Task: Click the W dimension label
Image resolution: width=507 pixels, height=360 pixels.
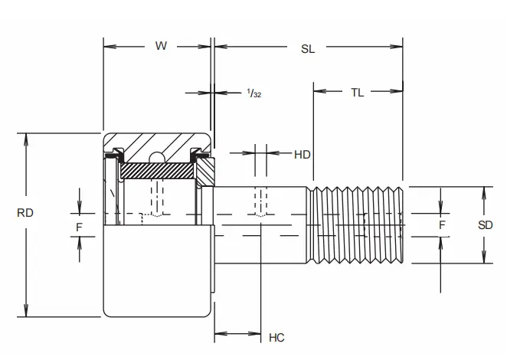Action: click(x=161, y=46)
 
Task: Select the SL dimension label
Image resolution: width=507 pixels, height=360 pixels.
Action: click(x=308, y=48)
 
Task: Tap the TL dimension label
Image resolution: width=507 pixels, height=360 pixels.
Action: click(x=357, y=93)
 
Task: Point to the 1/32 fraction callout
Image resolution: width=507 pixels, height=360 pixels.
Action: click(x=254, y=93)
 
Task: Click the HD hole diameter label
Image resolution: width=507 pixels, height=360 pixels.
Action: click(x=302, y=154)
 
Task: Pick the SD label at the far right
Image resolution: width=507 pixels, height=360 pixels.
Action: click(x=485, y=225)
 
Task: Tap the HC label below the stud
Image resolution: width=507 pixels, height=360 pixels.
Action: click(x=276, y=336)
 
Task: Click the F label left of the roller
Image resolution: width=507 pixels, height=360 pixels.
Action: click(x=79, y=226)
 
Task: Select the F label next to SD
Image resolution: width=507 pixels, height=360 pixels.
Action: click(x=441, y=225)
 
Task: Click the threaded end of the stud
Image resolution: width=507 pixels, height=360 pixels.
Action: click(x=356, y=224)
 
